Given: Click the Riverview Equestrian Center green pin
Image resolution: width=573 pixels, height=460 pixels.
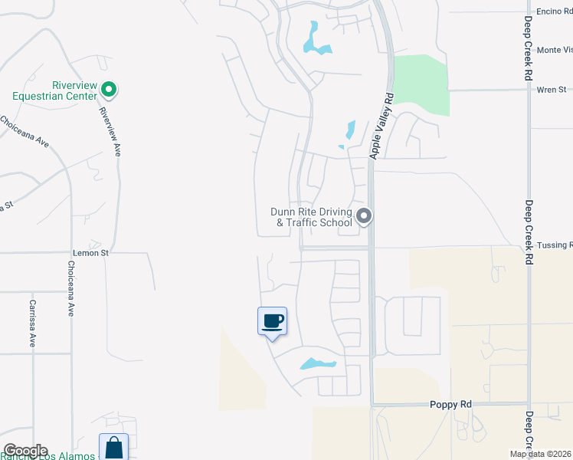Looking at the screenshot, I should click(x=109, y=90).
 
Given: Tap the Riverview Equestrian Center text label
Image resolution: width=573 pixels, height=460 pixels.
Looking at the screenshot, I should click(x=54, y=90).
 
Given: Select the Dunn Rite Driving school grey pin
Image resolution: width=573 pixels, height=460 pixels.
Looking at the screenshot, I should click(x=365, y=216).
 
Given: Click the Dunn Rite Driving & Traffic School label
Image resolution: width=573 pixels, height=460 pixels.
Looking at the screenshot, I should click(x=311, y=217).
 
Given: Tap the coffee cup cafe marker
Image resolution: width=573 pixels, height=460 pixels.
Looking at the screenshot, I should click(x=272, y=321).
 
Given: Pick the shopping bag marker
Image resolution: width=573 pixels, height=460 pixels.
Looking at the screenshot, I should click(x=113, y=447).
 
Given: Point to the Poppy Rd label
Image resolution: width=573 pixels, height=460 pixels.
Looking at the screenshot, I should click(x=449, y=404).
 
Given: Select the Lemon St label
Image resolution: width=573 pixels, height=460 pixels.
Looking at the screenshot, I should click(x=91, y=251).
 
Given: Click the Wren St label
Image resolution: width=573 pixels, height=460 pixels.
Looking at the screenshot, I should click(x=551, y=90).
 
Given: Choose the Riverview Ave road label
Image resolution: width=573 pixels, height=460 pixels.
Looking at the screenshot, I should click(x=110, y=130).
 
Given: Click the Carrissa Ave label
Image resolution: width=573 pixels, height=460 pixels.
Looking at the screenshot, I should click(x=33, y=323).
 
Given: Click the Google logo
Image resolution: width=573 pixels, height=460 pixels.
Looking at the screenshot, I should click(x=25, y=451).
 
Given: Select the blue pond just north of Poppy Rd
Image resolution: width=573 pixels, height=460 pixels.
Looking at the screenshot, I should click(x=317, y=363).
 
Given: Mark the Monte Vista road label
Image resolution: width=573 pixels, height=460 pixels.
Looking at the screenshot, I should click(x=554, y=50).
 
